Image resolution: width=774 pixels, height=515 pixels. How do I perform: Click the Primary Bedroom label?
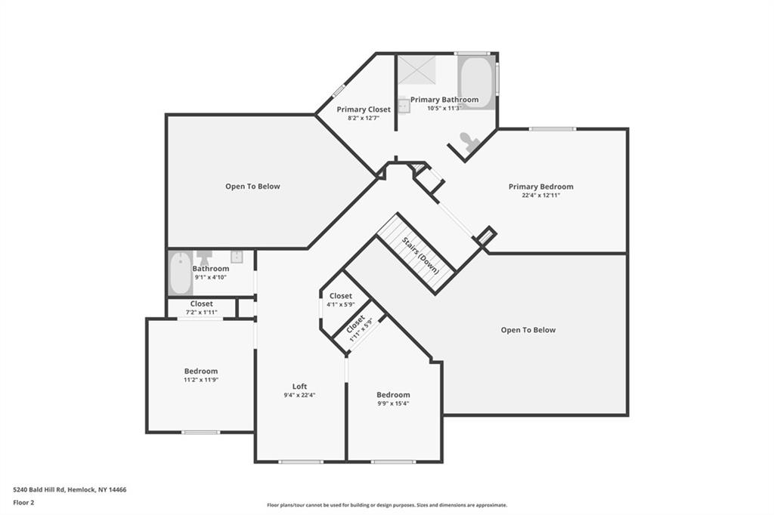541,187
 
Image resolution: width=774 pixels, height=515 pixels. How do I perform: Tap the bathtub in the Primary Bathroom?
476,82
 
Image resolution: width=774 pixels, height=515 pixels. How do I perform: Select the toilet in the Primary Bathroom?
469,141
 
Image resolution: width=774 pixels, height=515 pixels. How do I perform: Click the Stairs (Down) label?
420,255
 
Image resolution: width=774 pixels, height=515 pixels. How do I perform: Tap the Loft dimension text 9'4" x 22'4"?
299,395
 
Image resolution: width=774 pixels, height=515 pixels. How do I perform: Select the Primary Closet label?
364,109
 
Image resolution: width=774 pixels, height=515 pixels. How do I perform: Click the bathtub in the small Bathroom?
181,273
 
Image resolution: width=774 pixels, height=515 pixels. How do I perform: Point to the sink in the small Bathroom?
237,257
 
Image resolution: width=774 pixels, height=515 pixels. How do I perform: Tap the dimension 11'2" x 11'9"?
201,380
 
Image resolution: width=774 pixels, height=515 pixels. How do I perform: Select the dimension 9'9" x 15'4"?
393,403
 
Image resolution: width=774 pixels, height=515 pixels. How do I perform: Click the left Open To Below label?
252,187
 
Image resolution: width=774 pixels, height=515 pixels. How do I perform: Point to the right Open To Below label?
528,330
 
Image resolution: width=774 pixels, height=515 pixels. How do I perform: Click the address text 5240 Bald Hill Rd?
39,490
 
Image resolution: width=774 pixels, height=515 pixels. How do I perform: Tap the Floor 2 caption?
23,503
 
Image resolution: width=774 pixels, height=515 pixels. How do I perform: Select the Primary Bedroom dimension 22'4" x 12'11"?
541,196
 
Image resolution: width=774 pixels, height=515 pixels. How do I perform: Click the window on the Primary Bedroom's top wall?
553,129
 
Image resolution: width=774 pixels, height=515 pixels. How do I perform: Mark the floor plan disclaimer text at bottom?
387,505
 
